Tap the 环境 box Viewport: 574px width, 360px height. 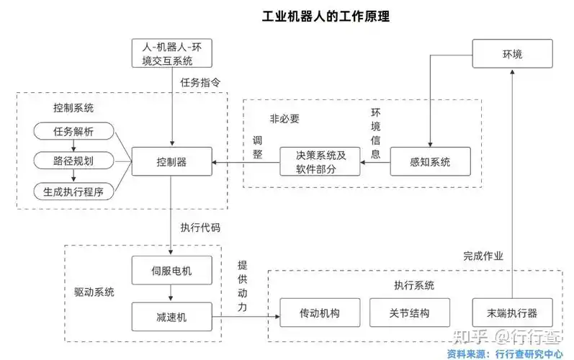point(512,55)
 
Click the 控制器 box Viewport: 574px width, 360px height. point(171,162)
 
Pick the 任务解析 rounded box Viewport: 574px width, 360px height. point(73,131)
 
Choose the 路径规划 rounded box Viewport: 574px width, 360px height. point(73,161)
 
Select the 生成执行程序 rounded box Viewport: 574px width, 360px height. point(73,191)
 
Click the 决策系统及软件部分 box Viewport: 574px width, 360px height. point(320,162)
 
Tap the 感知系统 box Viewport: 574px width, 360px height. point(430,162)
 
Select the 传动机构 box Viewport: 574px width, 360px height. point(319,314)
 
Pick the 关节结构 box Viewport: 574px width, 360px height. point(409,314)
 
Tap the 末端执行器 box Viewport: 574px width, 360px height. point(512,314)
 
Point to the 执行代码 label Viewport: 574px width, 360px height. point(200,227)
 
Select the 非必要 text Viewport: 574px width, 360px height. point(284,118)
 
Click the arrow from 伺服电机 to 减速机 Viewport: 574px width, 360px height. point(171,293)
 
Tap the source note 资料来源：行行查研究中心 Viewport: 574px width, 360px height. point(504,354)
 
